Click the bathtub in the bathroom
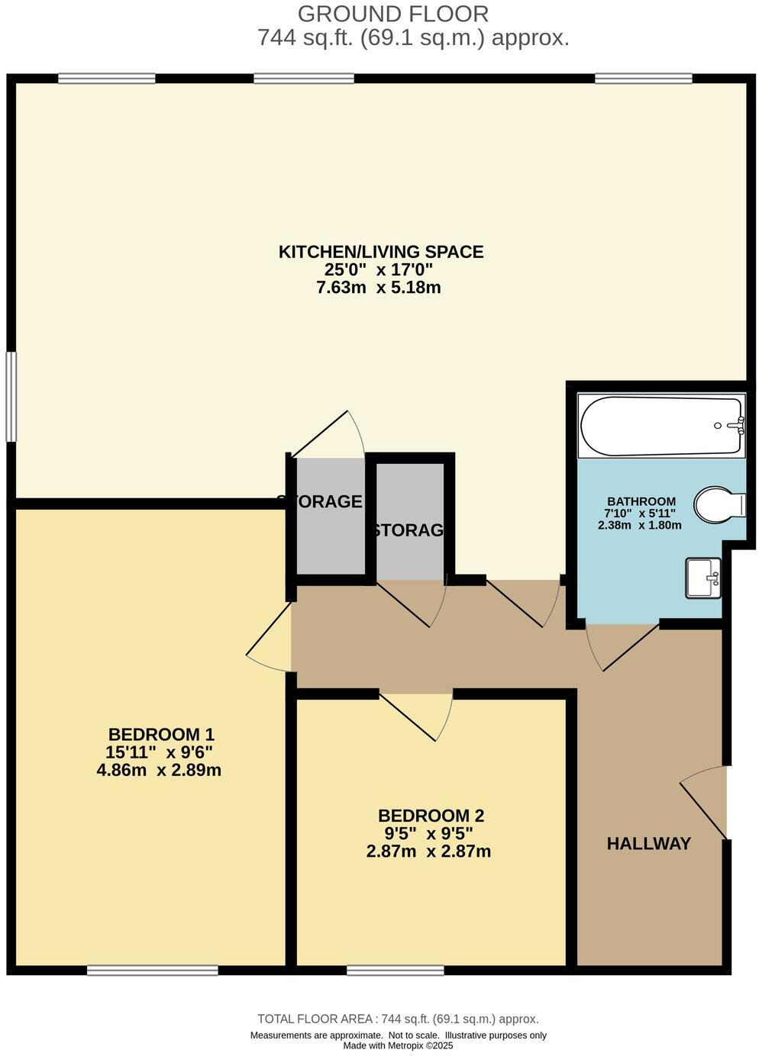660,425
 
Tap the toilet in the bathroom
719,504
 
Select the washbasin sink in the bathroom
702,578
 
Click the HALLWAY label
648,843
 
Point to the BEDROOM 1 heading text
161,734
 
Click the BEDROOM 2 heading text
431,815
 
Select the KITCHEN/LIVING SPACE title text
380,251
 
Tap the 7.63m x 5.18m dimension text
379,288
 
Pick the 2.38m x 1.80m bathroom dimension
639,525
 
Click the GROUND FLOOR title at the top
392,13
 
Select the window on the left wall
11,395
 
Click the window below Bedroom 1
152,970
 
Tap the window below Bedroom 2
395,970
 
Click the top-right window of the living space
643,78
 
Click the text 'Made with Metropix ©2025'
398,1045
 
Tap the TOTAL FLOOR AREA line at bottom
398,1019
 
